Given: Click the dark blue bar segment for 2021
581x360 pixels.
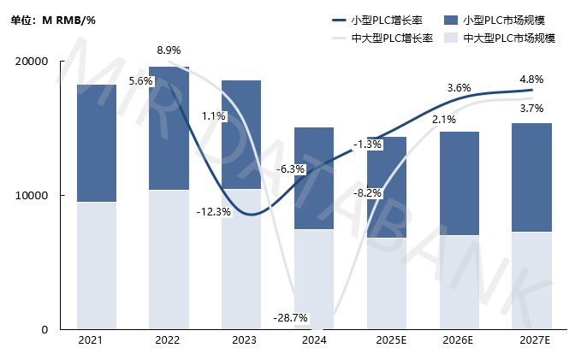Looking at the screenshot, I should [x=96, y=143].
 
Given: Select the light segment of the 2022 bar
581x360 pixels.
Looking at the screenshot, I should [x=169, y=259].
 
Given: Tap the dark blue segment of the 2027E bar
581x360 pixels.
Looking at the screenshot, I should [x=531, y=177].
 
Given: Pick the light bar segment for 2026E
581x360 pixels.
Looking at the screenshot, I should [x=459, y=281].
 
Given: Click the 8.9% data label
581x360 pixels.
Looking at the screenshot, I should [x=169, y=50].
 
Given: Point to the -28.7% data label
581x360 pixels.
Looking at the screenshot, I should [x=290, y=318].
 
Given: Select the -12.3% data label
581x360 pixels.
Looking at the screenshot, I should [x=213, y=211].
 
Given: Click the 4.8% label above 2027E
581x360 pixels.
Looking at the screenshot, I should [x=531, y=80].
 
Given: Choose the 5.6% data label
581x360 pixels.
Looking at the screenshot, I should [x=140, y=81].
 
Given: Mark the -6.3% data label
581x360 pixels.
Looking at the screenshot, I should [x=292, y=169].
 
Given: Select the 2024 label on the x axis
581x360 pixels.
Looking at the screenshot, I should [x=314, y=340].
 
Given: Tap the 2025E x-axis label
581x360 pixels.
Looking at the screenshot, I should [x=386, y=340].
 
